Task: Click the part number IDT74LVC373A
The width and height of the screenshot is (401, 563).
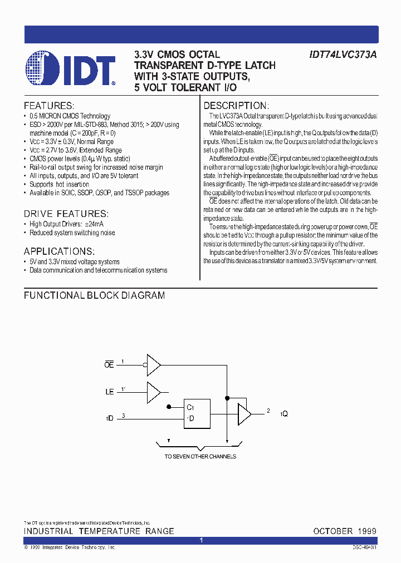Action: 343,55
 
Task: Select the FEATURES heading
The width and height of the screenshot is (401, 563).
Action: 49,106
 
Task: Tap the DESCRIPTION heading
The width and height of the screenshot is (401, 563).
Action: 236,106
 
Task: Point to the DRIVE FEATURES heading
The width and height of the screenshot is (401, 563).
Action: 66,214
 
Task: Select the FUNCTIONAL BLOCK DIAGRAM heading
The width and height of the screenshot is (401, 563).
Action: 94,295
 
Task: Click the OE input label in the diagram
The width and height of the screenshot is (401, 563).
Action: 109,365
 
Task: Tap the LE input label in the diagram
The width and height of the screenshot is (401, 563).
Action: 109,392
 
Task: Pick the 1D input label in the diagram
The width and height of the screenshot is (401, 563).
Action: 109,418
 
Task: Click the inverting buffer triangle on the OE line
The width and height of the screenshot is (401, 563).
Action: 153,364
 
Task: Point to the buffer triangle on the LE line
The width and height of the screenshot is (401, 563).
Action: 153,391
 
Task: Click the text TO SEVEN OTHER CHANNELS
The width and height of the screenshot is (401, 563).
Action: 200,456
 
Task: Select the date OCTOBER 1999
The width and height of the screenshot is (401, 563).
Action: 345,531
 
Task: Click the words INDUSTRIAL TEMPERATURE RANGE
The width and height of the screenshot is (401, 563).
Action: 99,531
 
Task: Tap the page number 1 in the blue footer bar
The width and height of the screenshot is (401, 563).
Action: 200,540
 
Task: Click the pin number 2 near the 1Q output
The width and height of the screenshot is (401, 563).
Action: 268,411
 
